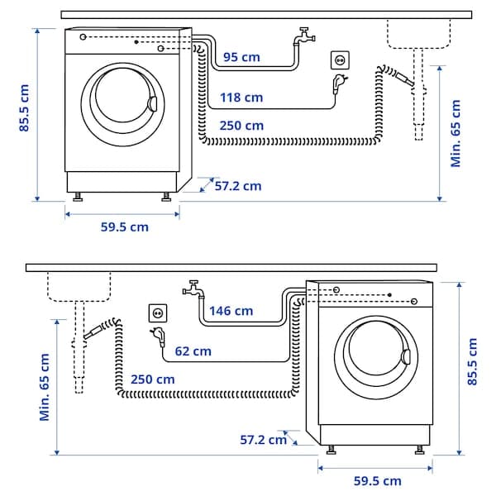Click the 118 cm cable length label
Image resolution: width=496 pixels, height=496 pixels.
coord(241,98)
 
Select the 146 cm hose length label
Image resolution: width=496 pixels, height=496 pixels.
coord(231,311)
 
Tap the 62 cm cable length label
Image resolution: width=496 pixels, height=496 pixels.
coord(192,351)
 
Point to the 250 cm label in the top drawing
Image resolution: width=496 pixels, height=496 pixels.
coord(241,126)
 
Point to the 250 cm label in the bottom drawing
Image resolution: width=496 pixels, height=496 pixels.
coord(153,379)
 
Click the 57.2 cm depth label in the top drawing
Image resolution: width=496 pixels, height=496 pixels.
coord(237,186)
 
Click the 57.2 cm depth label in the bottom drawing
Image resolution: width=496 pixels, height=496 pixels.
coord(263,440)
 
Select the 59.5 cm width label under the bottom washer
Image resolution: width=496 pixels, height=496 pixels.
coord(377,480)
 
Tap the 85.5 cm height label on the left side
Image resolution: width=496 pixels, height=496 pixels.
coord(26,108)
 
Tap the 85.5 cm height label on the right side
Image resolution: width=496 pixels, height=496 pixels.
coord(472,361)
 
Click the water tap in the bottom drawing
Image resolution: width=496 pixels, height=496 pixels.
coord(193,289)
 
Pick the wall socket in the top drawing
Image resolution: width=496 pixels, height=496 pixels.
coord(340,60)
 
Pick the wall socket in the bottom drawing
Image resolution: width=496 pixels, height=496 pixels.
coord(157,313)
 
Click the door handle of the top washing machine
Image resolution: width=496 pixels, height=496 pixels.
coord(151,103)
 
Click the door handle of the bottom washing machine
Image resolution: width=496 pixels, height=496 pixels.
coord(405,357)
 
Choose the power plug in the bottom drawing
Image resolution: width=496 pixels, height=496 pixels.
coord(156,336)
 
